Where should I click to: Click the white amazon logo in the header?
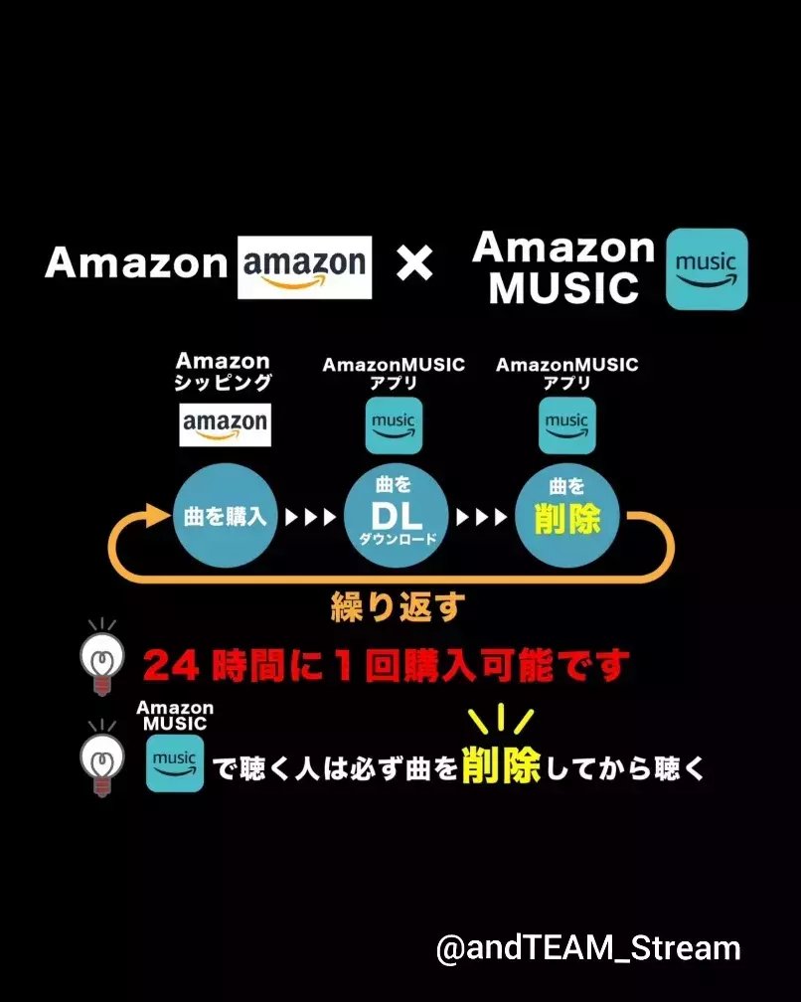click(305, 266)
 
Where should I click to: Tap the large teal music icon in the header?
click(706, 268)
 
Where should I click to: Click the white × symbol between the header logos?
click(414, 263)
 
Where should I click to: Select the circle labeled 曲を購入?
click(226, 517)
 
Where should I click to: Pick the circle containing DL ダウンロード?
click(397, 517)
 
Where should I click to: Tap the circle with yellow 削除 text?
click(567, 517)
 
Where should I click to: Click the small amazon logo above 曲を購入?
click(225, 423)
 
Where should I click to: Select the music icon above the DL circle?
click(394, 425)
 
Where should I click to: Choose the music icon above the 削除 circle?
click(566, 425)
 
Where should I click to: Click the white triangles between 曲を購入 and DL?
click(311, 518)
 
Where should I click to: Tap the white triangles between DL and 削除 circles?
click(482, 518)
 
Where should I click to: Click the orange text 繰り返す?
click(397, 606)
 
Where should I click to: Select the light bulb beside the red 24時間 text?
click(102, 657)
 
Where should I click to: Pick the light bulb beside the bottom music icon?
click(101, 758)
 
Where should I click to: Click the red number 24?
click(171, 665)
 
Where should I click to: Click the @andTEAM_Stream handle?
click(588, 948)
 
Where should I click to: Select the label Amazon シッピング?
click(224, 372)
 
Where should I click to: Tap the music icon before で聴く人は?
click(175, 763)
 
